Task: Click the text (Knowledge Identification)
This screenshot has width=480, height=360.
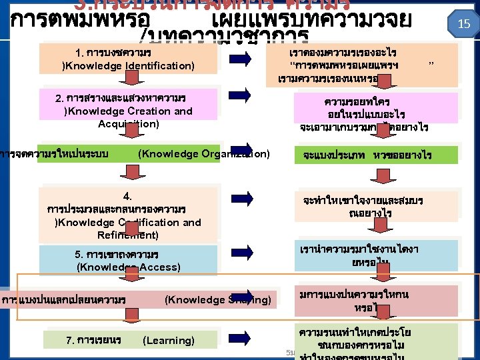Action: point(128,66)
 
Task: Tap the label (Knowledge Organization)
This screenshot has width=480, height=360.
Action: point(203,154)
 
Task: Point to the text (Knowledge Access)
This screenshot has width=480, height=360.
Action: point(129,267)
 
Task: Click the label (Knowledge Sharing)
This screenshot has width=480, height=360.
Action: point(218,300)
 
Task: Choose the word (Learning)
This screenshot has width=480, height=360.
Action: point(169,341)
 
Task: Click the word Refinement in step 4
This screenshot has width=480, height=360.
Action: point(128,234)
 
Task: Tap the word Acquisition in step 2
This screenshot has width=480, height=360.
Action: point(128,123)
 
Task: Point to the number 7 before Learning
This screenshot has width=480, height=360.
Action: point(69,341)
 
